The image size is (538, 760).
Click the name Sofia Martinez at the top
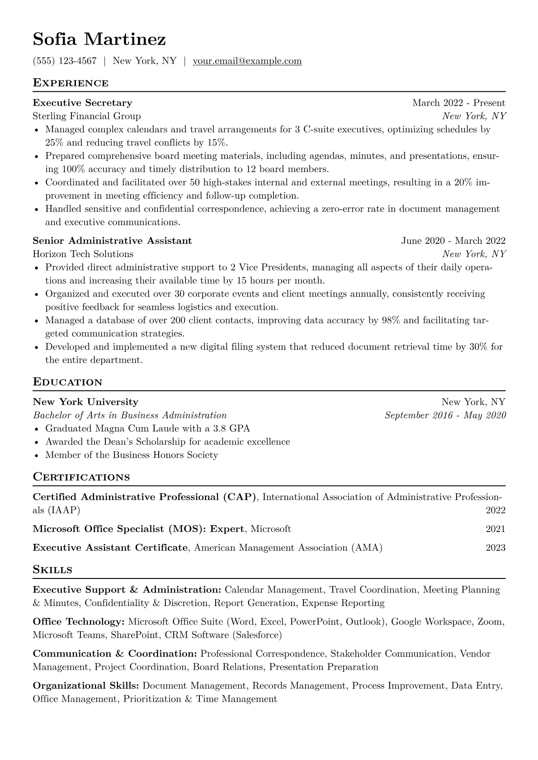point(99,40)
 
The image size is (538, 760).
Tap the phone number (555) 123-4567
point(65,61)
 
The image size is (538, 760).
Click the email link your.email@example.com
point(247,61)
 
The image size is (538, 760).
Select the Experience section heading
point(71,83)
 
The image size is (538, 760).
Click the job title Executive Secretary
point(82,103)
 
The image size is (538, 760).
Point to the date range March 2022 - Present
point(458,103)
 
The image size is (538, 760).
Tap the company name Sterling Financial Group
point(86,116)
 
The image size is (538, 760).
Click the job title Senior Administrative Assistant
point(112,241)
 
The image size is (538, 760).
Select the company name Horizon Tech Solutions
point(83,254)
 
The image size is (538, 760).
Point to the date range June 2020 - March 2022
point(453,241)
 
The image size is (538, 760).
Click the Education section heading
point(68,382)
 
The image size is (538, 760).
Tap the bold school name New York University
point(85,402)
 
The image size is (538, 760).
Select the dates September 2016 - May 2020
point(445,415)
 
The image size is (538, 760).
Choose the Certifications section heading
point(81,477)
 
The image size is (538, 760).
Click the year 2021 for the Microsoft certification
point(496,529)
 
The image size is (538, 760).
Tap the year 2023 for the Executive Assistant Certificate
point(496,548)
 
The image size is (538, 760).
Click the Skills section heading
point(52,570)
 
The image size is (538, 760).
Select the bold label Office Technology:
point(79,622)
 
